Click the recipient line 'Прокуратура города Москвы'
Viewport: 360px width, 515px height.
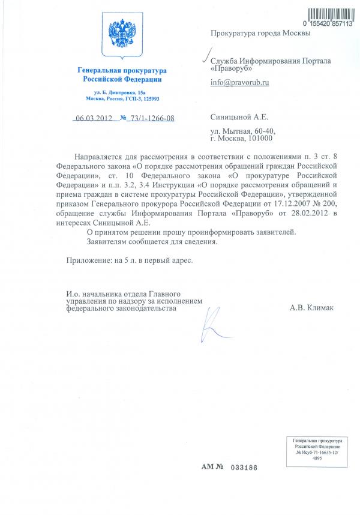[x=260, y=34]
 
